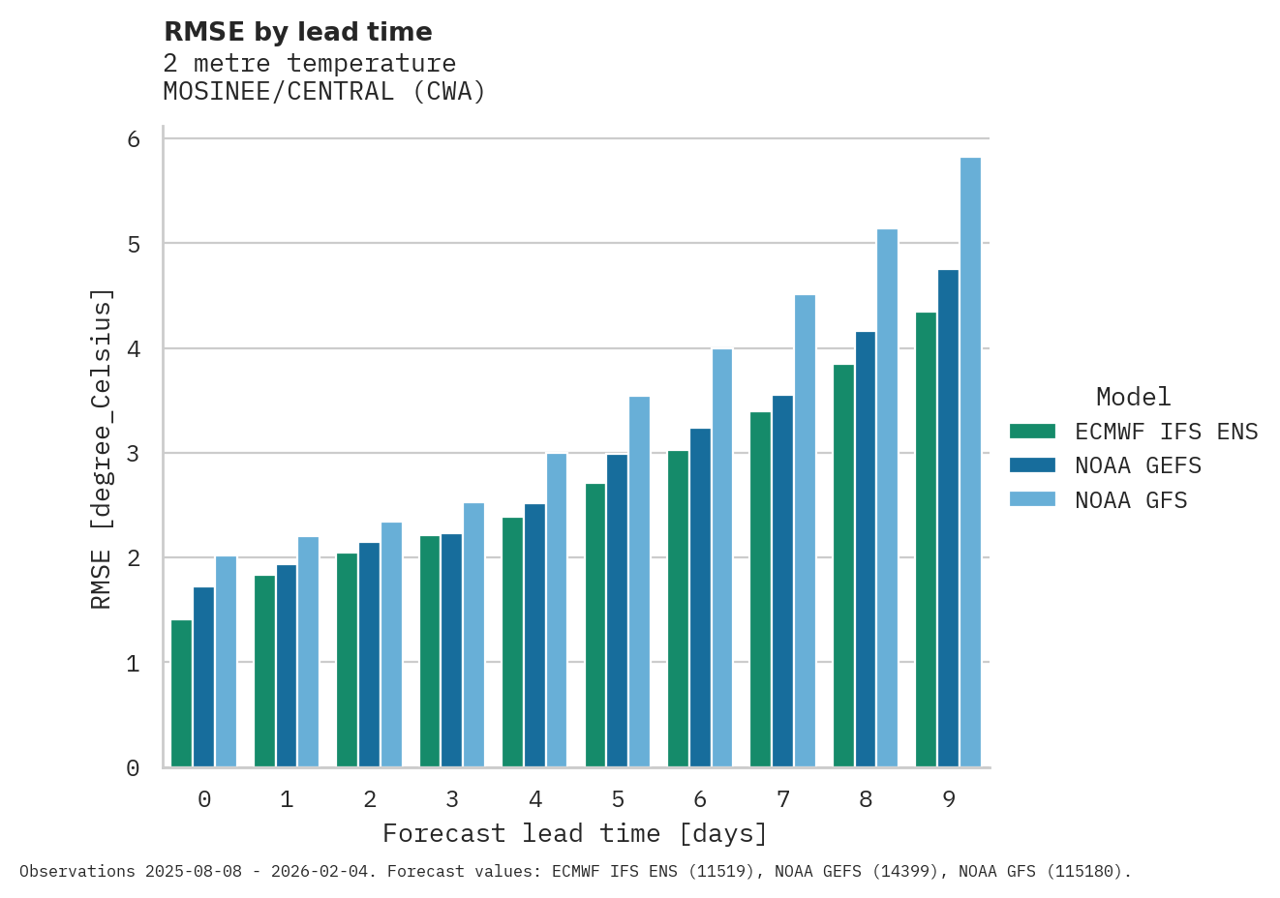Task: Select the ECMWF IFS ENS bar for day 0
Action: tap(181, 694)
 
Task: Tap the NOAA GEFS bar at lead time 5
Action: tap(617, 611)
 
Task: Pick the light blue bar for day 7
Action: tap(805, 531)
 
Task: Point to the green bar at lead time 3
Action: tap(429, 651)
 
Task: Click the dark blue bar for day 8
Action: tap(865, 550)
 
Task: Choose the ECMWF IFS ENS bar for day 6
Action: tap(678, 609)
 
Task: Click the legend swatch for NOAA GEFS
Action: tap(1031, 465)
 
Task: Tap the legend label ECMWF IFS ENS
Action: tap(1166, 432)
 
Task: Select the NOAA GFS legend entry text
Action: tap(1131, 500)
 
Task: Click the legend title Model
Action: tap(1133, 397)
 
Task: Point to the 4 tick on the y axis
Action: tap(134, 349)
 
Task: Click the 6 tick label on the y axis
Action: tap(134, 139)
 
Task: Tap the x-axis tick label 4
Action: tap(535, 799)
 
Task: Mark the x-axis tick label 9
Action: tap(949, 799)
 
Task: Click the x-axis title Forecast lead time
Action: tap(574, 833)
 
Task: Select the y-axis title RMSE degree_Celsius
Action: tap(101, 449)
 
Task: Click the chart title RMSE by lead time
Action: tap(298, 32)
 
